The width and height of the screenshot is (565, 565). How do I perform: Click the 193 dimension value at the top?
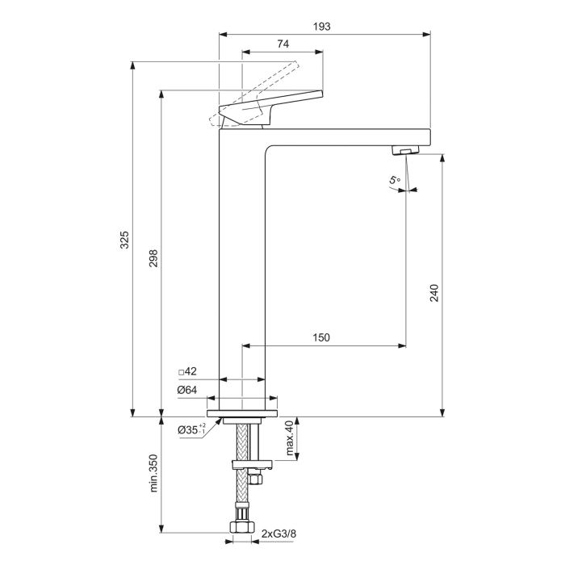tap(321, 26)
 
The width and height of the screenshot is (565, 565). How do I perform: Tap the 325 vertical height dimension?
tap(124, 240)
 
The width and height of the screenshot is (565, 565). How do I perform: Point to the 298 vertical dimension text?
tap(153, 257)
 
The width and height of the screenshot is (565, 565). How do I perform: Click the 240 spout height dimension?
tap(433, 291)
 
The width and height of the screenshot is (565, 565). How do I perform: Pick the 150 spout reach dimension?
tap(321, 337)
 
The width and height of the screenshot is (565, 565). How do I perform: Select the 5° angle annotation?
tap(394, 181)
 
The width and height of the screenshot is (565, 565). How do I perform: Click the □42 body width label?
tap(187, 372)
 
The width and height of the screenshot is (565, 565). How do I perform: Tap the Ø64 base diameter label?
tap(187, 390)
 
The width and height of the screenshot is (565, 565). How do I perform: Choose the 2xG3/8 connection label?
tap(279, 534)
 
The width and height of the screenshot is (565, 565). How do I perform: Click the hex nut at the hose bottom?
tap(240, 530)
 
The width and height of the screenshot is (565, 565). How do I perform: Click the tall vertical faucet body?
tap(242, 266)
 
